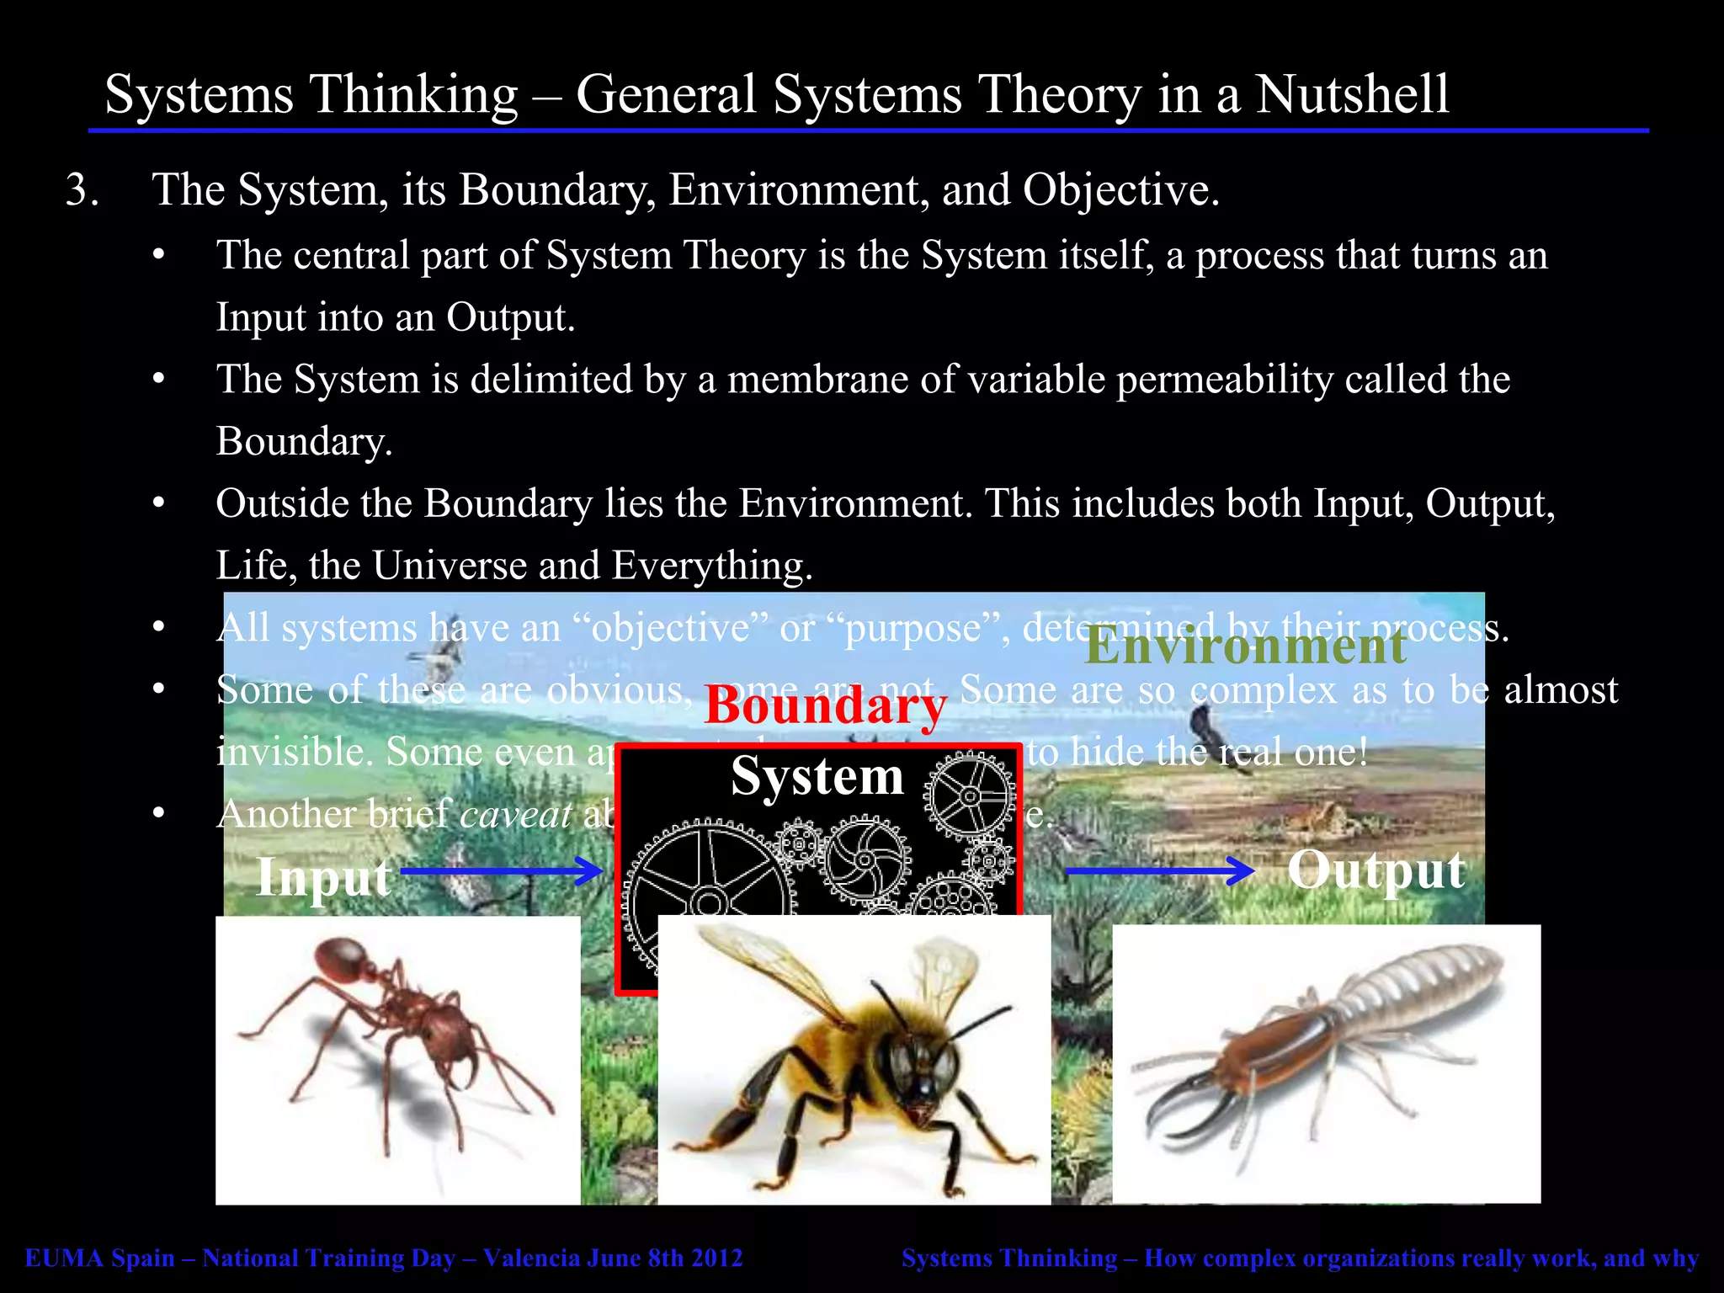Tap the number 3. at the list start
click(x=82, y=190)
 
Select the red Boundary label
click(x=825, y=705)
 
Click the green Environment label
click(x=1245, y=646)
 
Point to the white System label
click(x=817, y=775)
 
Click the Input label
click(x=323, y=877)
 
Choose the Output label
click(x=1375, y=870)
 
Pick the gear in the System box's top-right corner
click(x=970, y=795)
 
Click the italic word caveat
click(x=516, y=815)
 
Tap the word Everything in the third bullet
click(x=711, y=566)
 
